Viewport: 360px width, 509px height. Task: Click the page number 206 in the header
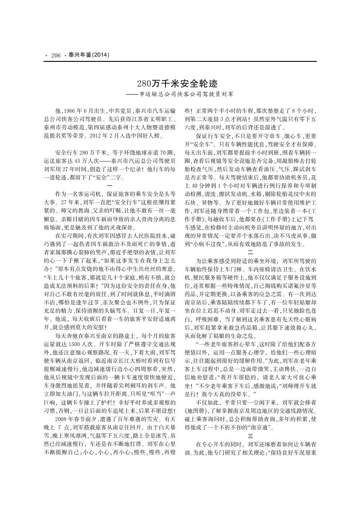(55, 55)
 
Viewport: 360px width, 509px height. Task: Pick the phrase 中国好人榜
(140, 136)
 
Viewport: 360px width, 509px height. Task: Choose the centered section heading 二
(250, 252)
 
